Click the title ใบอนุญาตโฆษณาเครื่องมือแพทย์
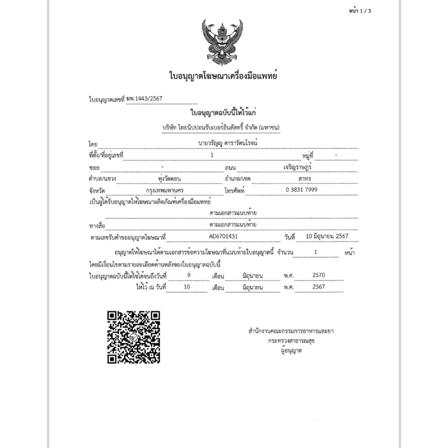223,76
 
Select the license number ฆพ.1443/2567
144,99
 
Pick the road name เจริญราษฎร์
297,167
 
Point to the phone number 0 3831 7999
301,190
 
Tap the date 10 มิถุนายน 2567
327,236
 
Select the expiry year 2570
319,275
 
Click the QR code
134,337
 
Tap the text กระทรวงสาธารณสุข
291,340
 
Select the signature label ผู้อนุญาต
291,350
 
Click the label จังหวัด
97,191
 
